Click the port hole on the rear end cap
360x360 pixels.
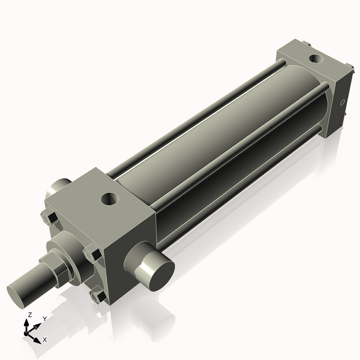[x=314, y=59]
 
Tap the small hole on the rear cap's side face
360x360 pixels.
[x=343, y=103]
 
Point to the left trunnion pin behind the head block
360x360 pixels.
[x=58, y=187]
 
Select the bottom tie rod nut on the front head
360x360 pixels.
[x=97, y=295]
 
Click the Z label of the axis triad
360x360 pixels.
[x=30, y=314]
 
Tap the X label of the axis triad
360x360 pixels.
[x=44, y=340]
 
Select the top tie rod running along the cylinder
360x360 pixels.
[x=198, y=120]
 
